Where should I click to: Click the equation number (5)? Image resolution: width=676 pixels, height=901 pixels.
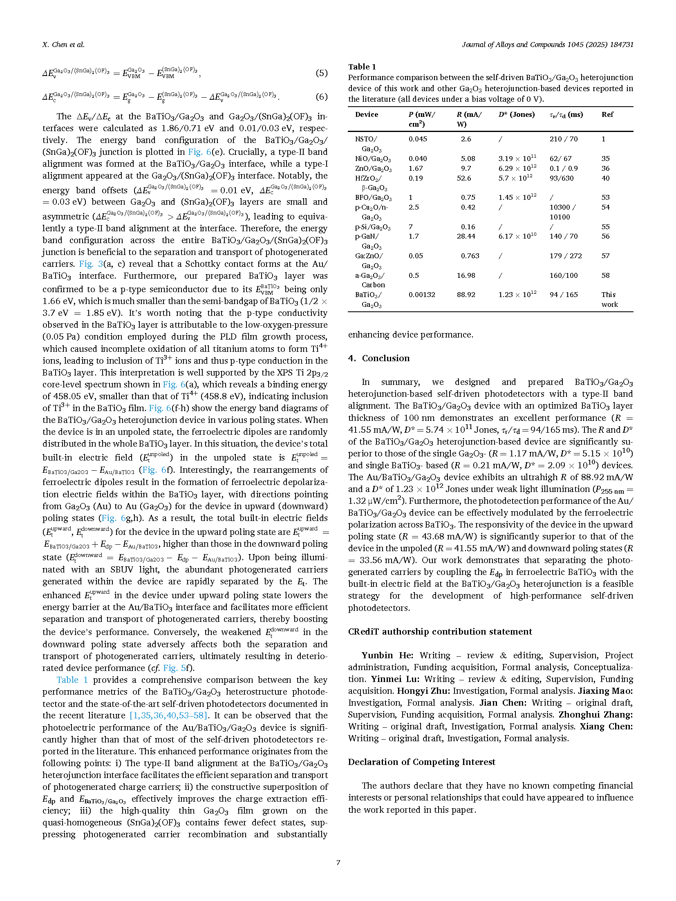point(321,73)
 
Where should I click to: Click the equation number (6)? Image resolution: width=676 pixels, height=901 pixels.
point(321,97)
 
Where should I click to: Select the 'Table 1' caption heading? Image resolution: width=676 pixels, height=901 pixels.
point(362,67)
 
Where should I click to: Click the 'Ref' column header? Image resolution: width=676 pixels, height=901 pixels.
point(607,115)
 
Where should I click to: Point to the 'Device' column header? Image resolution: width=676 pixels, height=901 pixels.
point(366,115)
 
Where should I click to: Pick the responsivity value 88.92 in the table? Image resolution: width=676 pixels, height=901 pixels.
point(466,295)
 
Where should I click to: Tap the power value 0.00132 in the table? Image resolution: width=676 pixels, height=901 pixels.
point(421,295)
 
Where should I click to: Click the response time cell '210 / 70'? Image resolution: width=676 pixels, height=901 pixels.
point(563,139)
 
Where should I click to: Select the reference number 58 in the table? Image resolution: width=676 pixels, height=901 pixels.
point(605,275)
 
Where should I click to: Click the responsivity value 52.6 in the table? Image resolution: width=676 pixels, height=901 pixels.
point(464,178)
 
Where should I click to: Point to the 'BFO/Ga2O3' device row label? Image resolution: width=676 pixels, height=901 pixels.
point(373,198)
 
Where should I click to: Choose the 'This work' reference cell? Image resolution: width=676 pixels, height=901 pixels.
point(609,299)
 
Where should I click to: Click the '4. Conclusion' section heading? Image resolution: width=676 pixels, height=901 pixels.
point(378,358)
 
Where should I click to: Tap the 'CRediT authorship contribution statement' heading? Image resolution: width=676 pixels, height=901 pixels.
point(440,632)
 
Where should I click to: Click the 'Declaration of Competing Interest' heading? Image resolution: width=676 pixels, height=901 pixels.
point(421,762)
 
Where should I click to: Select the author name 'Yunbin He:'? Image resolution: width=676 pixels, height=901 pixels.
point(387,655)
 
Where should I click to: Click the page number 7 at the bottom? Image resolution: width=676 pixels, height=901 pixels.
point(338,862)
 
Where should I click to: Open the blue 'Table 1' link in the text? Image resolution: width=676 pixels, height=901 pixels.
point(72,680)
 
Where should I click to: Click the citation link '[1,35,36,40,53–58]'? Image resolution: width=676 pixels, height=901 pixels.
point(169,715)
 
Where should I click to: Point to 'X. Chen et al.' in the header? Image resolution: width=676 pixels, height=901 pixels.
point(63,45)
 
